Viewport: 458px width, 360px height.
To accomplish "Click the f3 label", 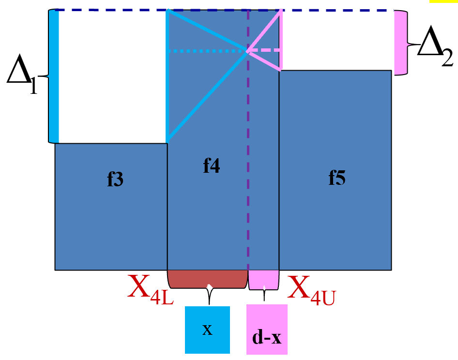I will tap(115, 180).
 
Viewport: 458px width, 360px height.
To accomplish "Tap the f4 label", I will tap(212, 166).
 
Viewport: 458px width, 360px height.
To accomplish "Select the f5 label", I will tap(337, 178).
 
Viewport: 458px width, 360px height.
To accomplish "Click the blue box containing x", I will tap(207, 330).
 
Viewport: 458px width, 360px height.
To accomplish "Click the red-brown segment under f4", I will tap(207, 279).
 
